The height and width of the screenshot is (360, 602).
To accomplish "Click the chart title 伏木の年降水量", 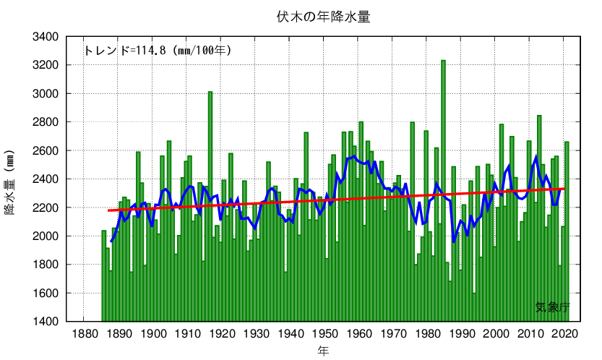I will click(x=323, y=16).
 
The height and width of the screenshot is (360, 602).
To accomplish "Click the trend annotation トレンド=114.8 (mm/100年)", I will click(x=158, y=51).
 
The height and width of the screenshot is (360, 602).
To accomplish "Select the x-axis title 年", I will click(x=323, y=350).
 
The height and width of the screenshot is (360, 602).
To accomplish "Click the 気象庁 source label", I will click(x=552, y=307).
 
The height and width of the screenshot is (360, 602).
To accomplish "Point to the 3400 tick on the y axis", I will click(x=46, y=36).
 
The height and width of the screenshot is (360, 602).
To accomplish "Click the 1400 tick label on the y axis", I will click(x=46, y=322).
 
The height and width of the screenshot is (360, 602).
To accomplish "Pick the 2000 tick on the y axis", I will click(x=46, y=236).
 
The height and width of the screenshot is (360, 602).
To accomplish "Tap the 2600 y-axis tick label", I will click(x=46, y=150).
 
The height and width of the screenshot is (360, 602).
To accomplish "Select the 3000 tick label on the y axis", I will click(x=46, y=93).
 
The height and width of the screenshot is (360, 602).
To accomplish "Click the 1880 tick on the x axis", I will click(x=85, y=333).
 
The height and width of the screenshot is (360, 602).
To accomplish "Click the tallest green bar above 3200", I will click(x=443, y=188).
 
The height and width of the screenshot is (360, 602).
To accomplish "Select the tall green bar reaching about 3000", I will click(x=210, y=202).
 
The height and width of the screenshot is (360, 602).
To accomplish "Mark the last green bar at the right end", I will click(x=567, y=231).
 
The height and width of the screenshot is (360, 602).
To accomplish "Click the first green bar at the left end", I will click(x=104, y=275).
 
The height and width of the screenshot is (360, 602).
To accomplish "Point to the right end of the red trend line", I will click(x=564, y=189).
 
